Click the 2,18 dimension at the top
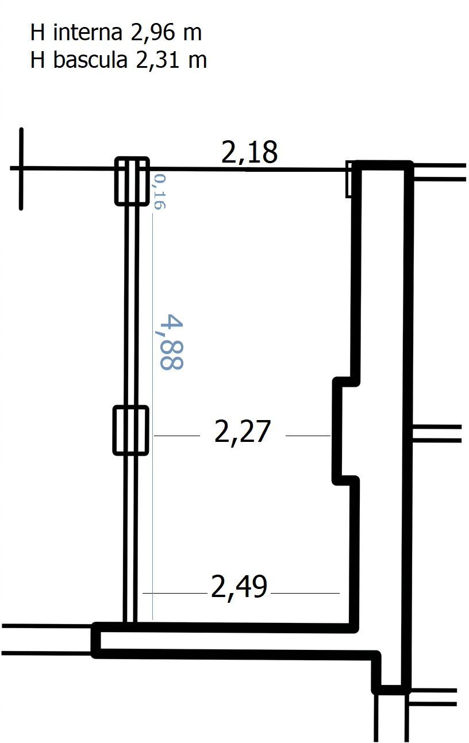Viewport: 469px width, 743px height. click(x=249, y=152)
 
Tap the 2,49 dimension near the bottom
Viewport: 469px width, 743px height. click(x=239, y=587)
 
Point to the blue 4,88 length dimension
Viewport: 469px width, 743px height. click(x=171, y=342)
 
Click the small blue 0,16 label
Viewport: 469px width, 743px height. click(x=160, y=192)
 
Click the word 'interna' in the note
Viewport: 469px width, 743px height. click(x=87, y=33)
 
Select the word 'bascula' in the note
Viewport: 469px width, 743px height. click(x=90, y=60)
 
